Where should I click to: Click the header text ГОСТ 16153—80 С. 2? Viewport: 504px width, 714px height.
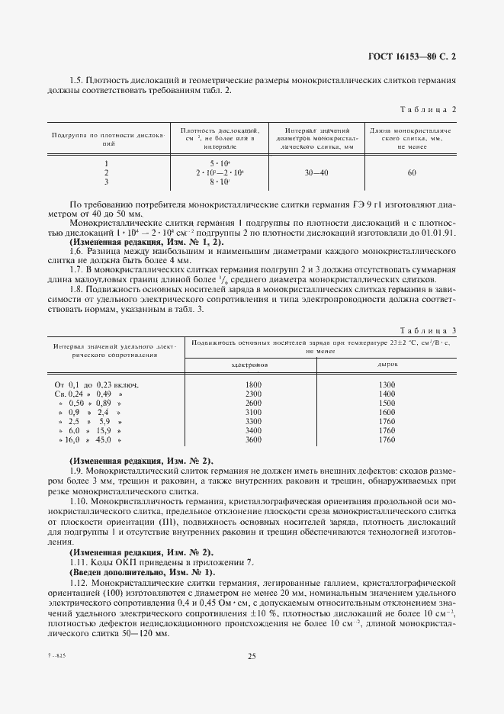[410, 56]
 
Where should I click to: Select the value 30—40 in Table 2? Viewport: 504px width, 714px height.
[317, 173]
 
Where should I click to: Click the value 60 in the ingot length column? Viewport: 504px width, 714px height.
[412, 173]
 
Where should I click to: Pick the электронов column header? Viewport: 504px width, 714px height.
[253, 365]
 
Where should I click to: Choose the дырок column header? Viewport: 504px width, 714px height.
[387, 365]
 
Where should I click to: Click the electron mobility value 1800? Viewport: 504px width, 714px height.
[253, 384]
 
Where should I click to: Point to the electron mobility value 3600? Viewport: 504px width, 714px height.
[253, 440]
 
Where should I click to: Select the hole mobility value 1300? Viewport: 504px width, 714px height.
[387, 384]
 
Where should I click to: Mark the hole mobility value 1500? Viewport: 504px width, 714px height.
[387, 403]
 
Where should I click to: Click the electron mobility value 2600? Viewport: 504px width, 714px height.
[253, 403]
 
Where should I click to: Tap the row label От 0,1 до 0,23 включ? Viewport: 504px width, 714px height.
[97, 384]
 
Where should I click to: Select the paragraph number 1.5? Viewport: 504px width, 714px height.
[75, 81]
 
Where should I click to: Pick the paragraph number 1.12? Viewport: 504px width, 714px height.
[78, 582]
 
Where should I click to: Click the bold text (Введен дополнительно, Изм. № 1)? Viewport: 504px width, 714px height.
[143, 572]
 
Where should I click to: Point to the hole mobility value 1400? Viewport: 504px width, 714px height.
[387, 394]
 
